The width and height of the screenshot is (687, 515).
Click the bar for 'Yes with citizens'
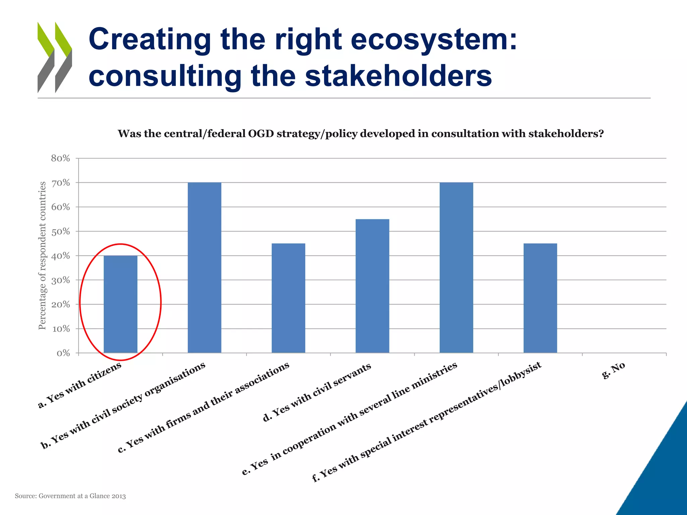pyautogui.click(x=120, y=304)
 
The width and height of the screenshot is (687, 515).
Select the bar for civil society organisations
pyautogui.click(x=204, y=268)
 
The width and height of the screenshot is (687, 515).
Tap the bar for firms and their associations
pyautogui.click(x=288, y=298)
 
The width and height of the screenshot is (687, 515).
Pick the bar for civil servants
pyautogui.click(x=372, y=286)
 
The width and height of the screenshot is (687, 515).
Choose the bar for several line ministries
pyautogui.click(x=456, y=268)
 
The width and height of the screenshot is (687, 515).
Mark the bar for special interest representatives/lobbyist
pyautogui.click(x=540, y=298)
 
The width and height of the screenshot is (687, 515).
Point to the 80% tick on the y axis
pyautogui.click(x=61, y=158)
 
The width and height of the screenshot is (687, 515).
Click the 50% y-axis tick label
pyautogui.click(x=61, y=231)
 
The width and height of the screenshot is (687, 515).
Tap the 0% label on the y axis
pyautogui.click(x=63, y=353)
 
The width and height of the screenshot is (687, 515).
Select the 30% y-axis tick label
pyautogui.click(x=61, y=280)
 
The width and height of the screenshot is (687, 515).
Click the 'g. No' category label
pyautogui.click(x=614, y=370)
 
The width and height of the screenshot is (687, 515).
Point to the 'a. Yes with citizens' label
pyautogui.click(x=80, y=385)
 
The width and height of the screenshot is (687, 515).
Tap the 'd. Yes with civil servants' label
pyautogui.click(x=317, y=392)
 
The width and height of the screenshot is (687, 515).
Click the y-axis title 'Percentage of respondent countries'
pyautogui.click(x=42, y=255)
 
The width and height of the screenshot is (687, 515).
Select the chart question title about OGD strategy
pyautogui.click(x=361, y=134)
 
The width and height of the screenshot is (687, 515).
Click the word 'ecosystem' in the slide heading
pyautogui.click(x=429, y=40)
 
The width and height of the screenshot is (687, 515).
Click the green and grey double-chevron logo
pyautogui.click(x=55, y=57)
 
